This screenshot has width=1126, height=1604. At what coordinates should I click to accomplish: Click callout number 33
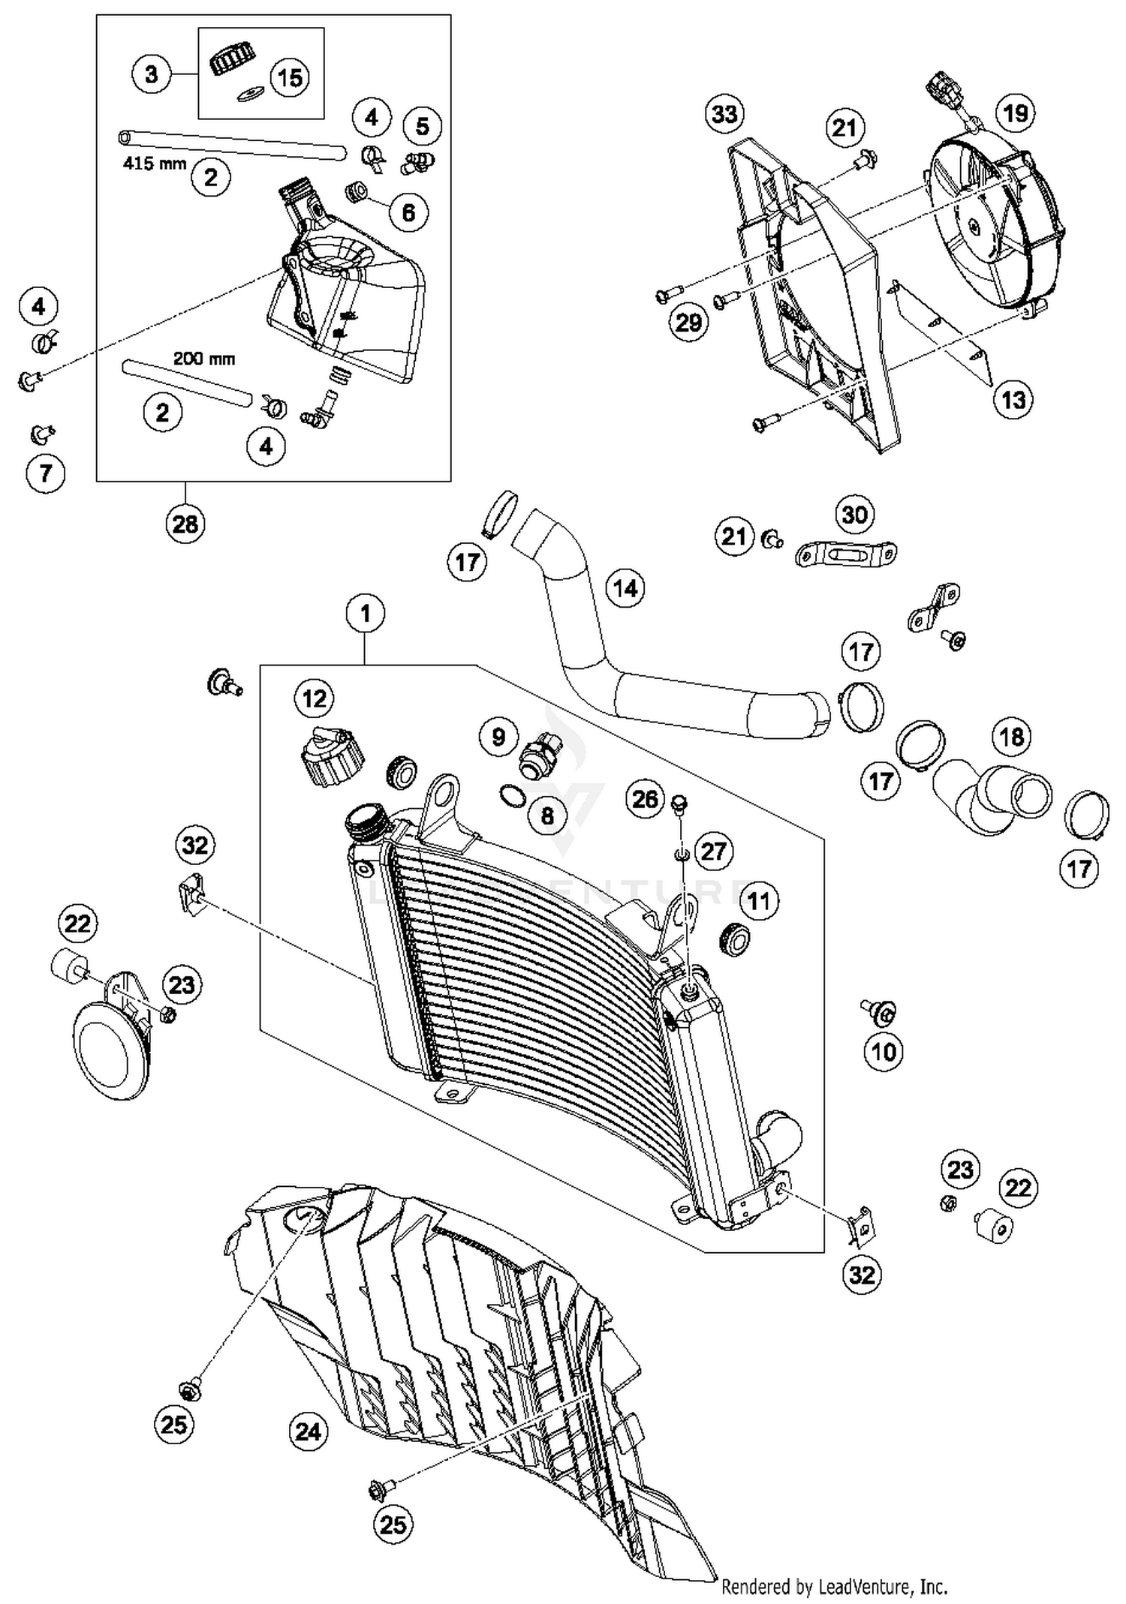[x=724, y=115]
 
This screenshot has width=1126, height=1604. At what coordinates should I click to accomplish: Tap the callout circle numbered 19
[x=1015, y=113]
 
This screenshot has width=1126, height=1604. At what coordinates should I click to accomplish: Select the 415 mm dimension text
[x=155, y=163]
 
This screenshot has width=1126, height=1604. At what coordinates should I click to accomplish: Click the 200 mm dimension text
[x=204, y=359]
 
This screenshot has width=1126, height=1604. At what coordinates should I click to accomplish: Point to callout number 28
[x=185, y=524]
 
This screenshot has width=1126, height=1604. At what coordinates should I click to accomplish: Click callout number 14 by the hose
[x=625, y=588]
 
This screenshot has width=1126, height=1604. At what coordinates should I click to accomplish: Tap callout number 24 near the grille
[x=309, y=1432]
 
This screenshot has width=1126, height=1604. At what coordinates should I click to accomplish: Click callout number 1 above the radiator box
[x=366, y=614]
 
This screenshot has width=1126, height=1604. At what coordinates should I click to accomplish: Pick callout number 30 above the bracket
[x=854, y=515]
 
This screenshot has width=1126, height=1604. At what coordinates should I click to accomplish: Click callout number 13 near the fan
[x=1013, y=399]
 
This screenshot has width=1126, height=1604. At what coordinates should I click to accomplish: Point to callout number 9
[x=499, y=737]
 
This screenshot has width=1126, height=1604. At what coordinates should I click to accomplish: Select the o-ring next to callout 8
[x=512, y=795]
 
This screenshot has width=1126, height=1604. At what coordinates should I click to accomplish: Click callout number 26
[x=646, y=800]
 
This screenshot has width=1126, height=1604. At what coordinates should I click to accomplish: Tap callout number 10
[x=884, y=1052]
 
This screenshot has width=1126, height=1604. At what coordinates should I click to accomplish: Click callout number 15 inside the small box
[x=290, y=77]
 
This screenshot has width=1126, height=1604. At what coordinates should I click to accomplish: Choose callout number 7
[x=46, y=473]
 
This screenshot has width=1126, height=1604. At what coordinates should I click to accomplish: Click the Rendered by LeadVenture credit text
[x=834, y=1587]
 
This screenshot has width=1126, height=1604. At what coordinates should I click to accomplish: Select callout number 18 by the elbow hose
[x=1011, y=737]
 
